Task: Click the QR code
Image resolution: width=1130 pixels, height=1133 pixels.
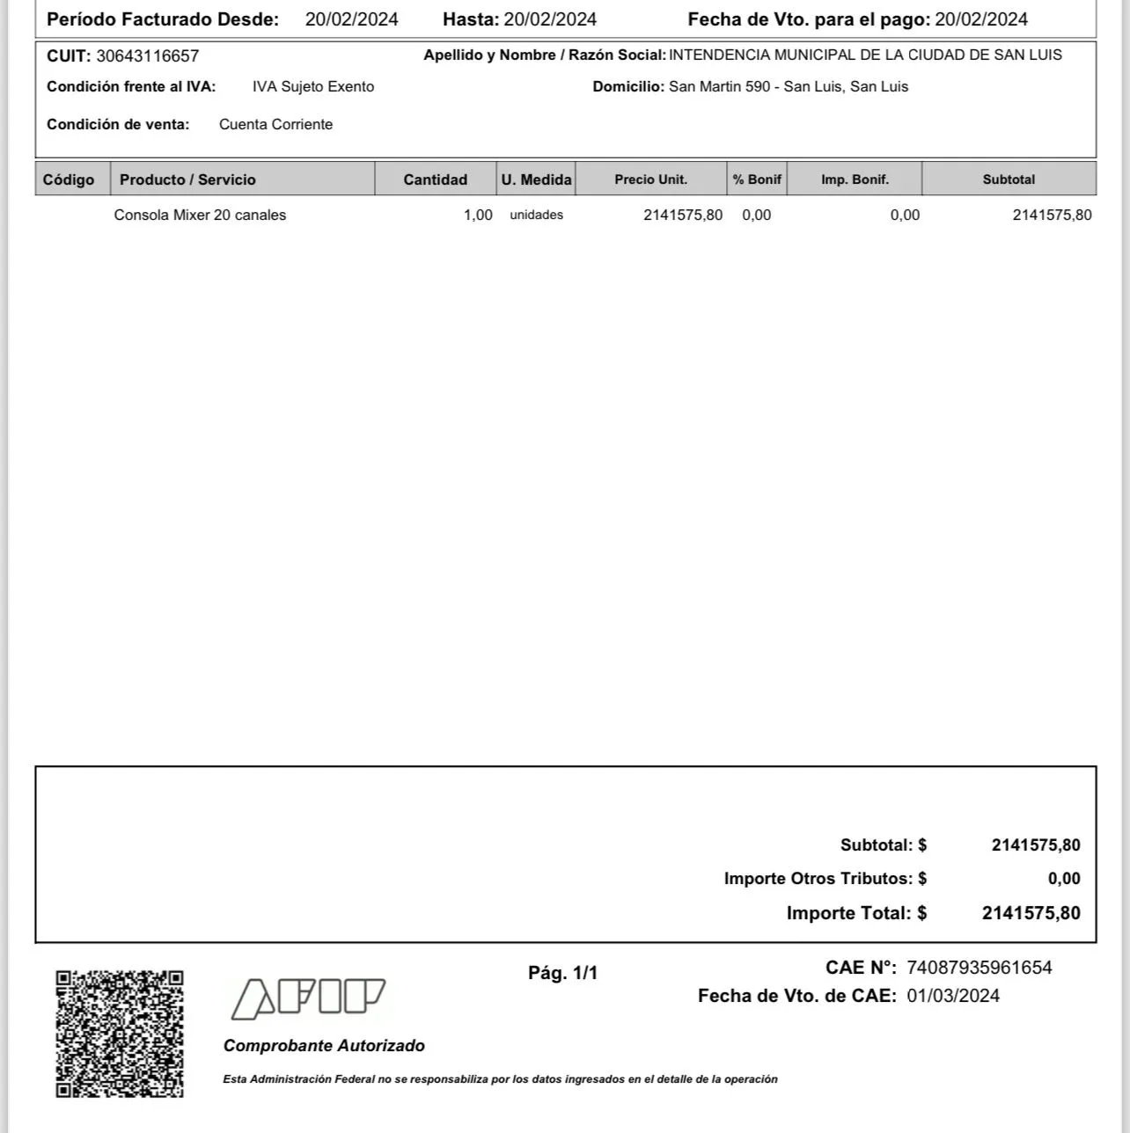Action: [x=120, y=1034]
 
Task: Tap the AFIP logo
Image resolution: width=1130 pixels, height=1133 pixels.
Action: [x=308, y=998]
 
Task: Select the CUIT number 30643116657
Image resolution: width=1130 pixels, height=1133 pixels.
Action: [x=148, y=56]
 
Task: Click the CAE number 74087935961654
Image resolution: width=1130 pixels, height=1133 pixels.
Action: [x=979, y=968]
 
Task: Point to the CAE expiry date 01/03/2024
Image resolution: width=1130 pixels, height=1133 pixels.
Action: [x=953, y=996]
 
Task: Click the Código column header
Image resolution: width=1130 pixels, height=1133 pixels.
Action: [x=69, y=179]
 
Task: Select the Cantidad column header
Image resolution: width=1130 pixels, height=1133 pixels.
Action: [x=435, y=179]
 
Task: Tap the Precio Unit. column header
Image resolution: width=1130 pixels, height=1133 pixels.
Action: [x=650, y=179]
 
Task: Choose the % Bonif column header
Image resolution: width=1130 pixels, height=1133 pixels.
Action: [x=757, y=179]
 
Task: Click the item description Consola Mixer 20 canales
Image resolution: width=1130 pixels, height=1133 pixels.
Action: [x=200, y=215]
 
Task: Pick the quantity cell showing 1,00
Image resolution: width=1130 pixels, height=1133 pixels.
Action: [x=478, y=215]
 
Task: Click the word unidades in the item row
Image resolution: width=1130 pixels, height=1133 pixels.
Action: [x=536, y=215]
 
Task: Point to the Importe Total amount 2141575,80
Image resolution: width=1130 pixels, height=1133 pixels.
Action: [x=1031, y=913]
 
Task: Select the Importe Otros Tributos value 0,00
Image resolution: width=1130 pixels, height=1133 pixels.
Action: [x=1064, y=879]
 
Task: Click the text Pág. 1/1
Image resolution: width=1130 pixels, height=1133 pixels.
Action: [x=562, y=973]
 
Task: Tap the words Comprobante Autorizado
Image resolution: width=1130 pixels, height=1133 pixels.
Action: [x=324, y=1046]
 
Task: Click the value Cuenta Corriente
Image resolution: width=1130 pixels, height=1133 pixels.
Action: [x=275, y=125]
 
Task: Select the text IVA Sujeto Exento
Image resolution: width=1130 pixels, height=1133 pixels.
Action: [x=313, y=87]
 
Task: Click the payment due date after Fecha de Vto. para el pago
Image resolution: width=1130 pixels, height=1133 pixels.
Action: [x=981, y=19]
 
